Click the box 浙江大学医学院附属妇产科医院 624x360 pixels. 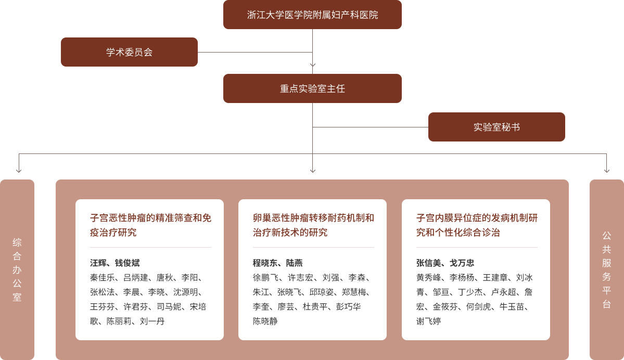pos(312,15)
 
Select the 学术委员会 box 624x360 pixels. pos(130,52)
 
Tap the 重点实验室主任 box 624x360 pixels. pos(312,88)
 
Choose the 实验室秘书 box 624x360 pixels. pos(496,127)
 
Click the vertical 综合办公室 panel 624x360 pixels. pos(17,269)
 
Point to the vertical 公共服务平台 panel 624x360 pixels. pos(606,269)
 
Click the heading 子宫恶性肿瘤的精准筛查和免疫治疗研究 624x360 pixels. pos(150,225)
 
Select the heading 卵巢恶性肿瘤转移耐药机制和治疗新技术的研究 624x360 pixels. pos(313,225)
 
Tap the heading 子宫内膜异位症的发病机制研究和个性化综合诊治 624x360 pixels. pos(477,225)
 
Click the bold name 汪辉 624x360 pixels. pos(98,263)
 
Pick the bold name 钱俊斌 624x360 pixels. pos(128,263)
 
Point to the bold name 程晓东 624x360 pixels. pos(265,263)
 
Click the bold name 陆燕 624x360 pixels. pos(295,263)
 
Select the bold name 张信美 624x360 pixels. pos(429,263)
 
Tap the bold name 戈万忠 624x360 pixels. pos(462,263)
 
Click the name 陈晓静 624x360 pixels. pos(265,321)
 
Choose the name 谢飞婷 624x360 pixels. pos(429,321)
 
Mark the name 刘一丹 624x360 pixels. pos(152,321)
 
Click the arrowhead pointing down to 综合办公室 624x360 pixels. pos(19,171)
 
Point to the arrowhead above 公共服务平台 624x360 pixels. pos(606,171)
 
